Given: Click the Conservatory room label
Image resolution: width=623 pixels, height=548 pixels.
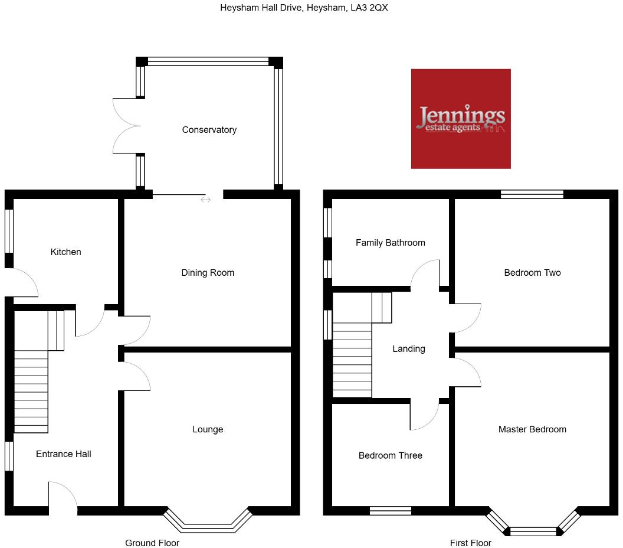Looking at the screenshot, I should pos(209,130).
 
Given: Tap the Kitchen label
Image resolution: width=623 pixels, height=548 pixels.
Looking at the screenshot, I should pos(65,252).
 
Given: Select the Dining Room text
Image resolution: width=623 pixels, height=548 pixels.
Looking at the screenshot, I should pos(208,273).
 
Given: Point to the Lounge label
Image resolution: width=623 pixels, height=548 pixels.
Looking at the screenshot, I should pos(208,429).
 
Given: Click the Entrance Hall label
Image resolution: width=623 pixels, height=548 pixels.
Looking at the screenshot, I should pos(64,454).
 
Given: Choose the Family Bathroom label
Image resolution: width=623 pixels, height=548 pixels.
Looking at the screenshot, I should pos(390,243).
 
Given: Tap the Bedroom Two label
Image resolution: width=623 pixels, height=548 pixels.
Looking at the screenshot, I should pos(532,273).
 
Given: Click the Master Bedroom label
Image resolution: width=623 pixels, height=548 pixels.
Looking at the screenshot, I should pos(532,429).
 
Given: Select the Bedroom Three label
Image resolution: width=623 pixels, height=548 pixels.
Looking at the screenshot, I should pos(390,455).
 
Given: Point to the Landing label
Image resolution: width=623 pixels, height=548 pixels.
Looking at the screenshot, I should pos(409,349).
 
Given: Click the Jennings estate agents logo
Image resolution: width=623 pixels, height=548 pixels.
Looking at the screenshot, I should pos(461,119).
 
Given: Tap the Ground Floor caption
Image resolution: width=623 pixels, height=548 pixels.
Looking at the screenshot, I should pos(152,543).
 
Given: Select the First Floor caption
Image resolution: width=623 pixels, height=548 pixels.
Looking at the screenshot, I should pos(470,543).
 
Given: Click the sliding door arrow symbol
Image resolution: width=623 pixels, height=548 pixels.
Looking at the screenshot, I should pos(205,200).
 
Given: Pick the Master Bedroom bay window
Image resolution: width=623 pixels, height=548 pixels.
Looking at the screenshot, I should pos(533,528).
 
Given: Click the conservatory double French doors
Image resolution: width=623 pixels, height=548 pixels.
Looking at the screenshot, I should pos(125,125).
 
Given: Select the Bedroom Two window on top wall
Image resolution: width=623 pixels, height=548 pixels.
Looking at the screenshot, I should pos(532,194).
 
